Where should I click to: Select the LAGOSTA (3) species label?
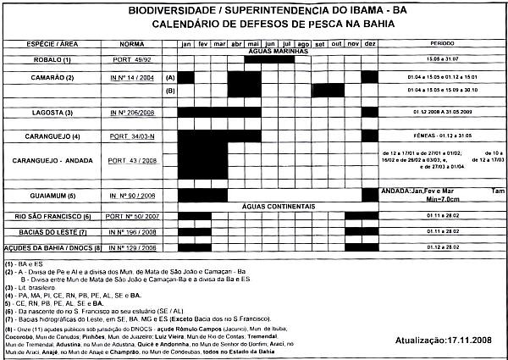[x=51, y=113]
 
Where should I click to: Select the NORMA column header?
[x=132, y=42]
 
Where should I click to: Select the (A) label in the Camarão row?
[x=168, y=77]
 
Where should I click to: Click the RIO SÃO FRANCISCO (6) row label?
[x=49, y=217]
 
